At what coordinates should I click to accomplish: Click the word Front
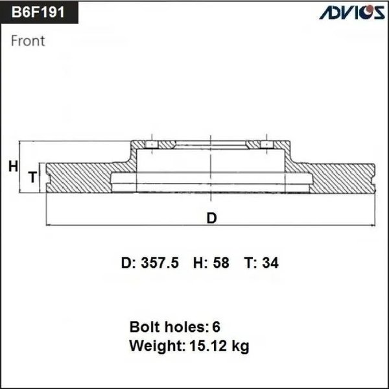tap(29, 41)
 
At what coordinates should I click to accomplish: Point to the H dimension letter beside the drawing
tap(12, 167)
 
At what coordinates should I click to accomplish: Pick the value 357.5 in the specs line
tap(161, 263)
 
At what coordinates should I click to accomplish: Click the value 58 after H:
tap(220, 263)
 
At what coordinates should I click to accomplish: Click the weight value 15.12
tap(212, 346)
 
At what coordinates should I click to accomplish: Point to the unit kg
tap(240, 347)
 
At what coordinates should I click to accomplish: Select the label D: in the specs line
tap(128, 263)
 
